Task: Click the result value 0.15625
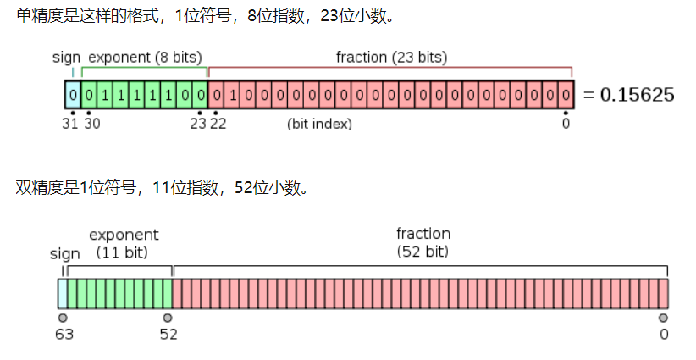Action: click(x=637, y=94)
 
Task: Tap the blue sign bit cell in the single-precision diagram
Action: click(x=73, y=94)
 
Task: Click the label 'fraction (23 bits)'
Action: click(x=391, y=58)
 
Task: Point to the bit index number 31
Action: click(x=71, y=124)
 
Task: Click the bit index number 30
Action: click(x=91, y=124)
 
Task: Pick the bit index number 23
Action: click(x=198, y=124)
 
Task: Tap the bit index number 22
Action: click(x=218, y=124)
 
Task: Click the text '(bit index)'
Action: click(x=319, y=125)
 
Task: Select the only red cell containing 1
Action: click(x=232, y=94)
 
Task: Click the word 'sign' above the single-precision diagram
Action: click(x=65, y=58)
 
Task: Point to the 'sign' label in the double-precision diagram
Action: click(x=65, y=253)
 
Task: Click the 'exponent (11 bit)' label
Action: click(x=124, y=243)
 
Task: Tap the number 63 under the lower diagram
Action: click(x=64, y=334)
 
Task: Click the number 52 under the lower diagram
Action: click(x=168, y=334)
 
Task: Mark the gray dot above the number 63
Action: click(x=63, y=318)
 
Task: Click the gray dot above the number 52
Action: click(x=168, y=318)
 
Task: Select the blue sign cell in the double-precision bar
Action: click(x=62, y=293)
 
